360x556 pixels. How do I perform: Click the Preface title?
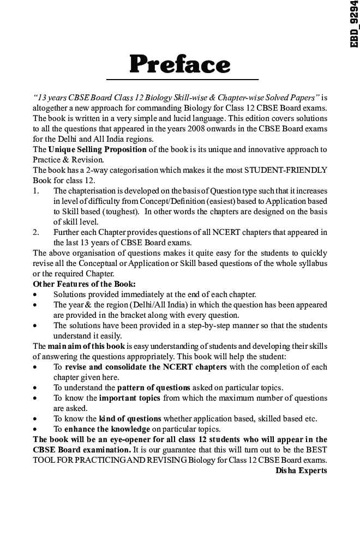pos(180,64)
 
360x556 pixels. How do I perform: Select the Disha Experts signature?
pos(301,470)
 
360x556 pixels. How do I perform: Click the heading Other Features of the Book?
pos(77,284)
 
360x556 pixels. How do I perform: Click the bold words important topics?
pos(129,398)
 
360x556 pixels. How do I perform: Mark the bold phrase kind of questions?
pos(130,419)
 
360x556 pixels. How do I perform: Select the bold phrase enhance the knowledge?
pos(107,429)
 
